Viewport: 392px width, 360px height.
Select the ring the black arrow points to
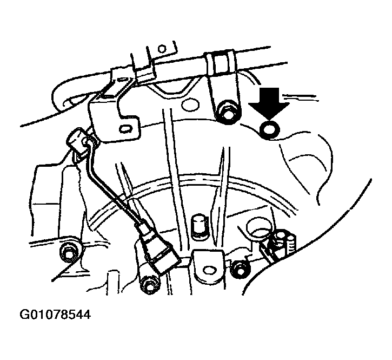coord(269,128)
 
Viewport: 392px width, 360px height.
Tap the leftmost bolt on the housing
coord(69,251)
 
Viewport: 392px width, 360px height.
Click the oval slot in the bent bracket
coord(128,129)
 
